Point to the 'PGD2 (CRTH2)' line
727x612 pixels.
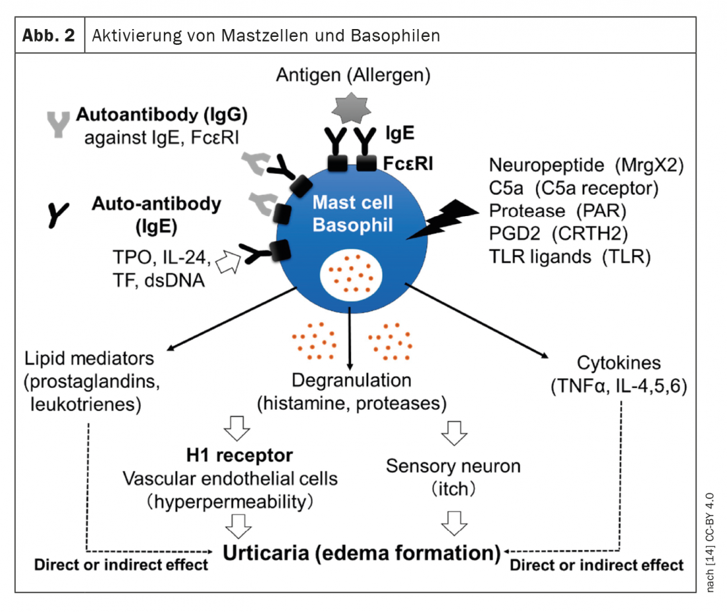(558, 234)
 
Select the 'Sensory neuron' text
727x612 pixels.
(453, 466)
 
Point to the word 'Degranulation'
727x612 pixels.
(351, 381)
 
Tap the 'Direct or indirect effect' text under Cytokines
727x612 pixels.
(597, 565)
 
